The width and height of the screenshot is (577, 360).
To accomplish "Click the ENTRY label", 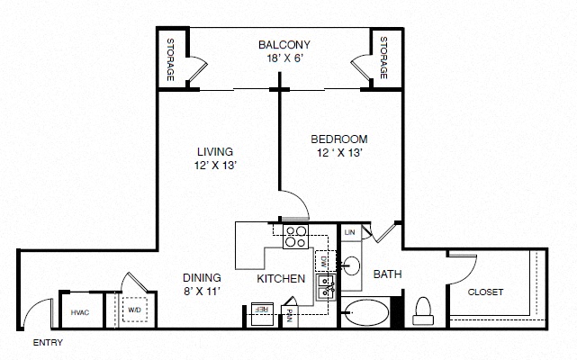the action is coord(48,343).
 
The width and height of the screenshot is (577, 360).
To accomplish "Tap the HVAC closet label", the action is coord(80,312).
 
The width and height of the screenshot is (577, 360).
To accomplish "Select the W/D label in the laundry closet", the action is coord(134,310).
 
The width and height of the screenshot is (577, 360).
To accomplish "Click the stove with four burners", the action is coord(295,237).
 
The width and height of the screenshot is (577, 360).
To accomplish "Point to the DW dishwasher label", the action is coord(324,262).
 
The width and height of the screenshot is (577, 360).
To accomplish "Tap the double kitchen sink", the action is coord(326,287).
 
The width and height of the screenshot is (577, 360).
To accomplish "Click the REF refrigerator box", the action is coord(262,314).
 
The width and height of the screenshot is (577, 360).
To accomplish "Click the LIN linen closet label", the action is coord(349,232).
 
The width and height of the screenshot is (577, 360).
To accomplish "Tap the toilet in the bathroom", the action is coord(423,311).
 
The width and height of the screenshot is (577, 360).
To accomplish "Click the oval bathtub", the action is coord(367,312).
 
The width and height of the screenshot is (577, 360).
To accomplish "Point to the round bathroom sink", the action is coord(351,265).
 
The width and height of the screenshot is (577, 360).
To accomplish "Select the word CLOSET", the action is coord(485,292).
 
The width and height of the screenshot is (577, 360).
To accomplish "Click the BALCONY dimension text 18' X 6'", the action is coord(284,58).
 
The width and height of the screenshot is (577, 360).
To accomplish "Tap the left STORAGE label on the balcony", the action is coord(170,59).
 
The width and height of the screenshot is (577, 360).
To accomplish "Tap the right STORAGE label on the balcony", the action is coord(383,58).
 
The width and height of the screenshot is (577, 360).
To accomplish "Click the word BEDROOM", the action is coord(339,139).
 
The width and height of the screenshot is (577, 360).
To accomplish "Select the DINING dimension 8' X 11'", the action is coord(202,292).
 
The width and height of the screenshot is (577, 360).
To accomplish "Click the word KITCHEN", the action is coord(281,279).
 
